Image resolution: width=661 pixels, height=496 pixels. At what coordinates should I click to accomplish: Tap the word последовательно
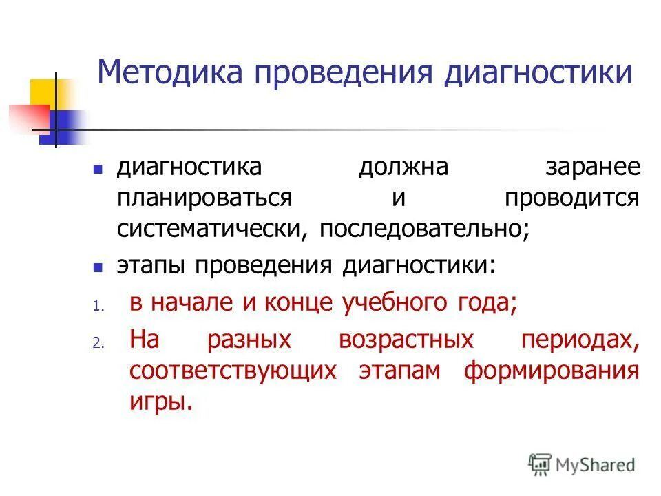click(423, 229)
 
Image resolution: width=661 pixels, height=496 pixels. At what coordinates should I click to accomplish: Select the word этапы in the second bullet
click(152, 266)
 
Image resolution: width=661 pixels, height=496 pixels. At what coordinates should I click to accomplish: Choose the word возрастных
click(406, 340)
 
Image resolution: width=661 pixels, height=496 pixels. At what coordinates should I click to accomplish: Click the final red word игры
click(159, 401)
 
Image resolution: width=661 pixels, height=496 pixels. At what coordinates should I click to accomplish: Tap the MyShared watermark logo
click(582, 464)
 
